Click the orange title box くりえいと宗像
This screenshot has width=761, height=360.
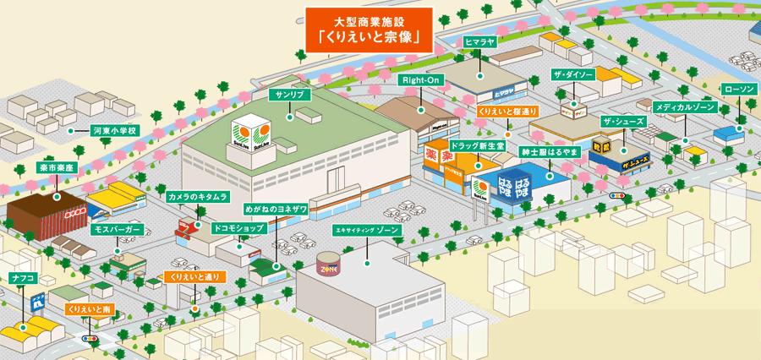click(x=370, y=30)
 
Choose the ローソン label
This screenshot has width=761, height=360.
click(x=737, y=88)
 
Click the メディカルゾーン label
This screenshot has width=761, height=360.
click(x=686, y=107)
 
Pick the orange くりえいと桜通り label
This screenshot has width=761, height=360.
click(x=507, y=111)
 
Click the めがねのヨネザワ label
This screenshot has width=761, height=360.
click(x=276, y=206)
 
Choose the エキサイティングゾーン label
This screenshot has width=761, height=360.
click(x=367, y=229)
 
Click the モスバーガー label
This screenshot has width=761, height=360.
click(x=116, y=229)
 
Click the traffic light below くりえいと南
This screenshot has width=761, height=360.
click(x=88, y=338)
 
